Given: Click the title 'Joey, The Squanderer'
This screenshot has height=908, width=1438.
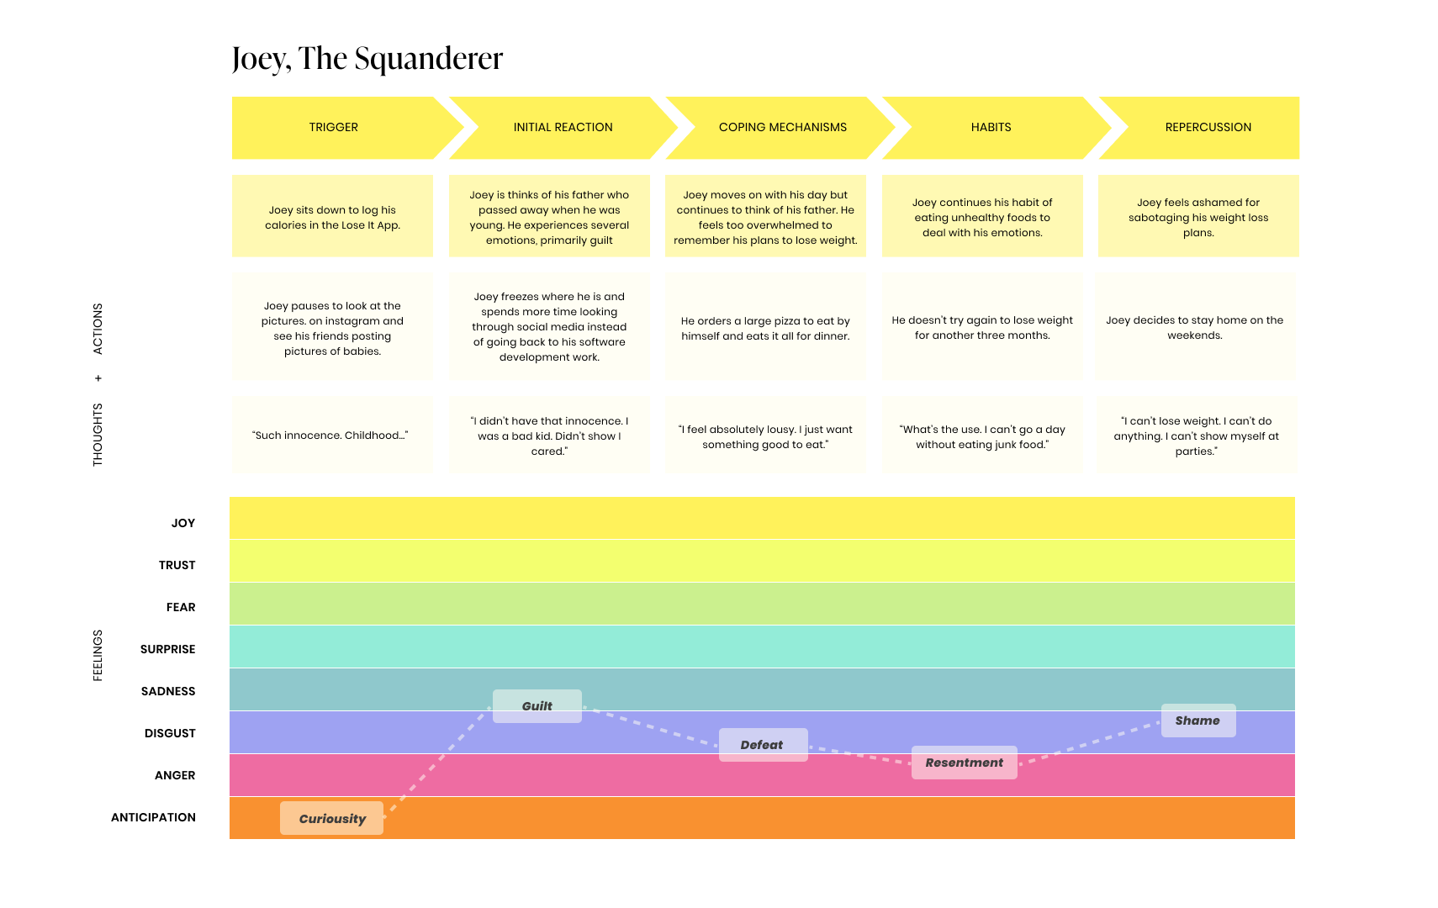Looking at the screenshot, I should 367,59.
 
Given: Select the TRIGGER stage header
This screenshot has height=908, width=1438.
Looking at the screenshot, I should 334,128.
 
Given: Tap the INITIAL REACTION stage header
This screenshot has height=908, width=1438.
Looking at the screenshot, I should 563,128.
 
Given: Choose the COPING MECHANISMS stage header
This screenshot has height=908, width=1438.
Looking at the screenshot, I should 782,128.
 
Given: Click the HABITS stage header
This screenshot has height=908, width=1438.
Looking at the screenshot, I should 991,128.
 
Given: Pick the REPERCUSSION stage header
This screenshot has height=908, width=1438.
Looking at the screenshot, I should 1208,128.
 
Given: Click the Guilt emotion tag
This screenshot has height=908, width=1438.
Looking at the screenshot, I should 537,706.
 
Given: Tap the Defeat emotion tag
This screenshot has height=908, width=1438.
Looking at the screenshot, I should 763,745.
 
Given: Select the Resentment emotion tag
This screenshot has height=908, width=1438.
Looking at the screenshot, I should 964,763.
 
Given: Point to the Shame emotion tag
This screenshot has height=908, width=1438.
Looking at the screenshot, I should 1197,721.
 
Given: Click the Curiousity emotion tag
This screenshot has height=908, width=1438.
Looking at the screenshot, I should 332,818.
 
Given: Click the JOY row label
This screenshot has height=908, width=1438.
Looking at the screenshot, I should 183,523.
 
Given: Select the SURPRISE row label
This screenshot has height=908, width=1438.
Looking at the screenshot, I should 168,649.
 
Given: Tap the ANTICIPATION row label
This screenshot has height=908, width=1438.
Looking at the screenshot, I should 153,817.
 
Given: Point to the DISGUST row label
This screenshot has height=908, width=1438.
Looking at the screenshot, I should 170,733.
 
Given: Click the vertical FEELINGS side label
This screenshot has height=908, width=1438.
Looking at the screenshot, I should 98,655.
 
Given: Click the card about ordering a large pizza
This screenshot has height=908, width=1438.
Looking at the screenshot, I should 765,328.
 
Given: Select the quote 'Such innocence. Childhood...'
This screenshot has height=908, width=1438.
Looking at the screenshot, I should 331,436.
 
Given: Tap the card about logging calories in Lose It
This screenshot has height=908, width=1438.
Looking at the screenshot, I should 332,217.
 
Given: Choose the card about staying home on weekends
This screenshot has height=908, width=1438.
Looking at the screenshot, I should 1195,328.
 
